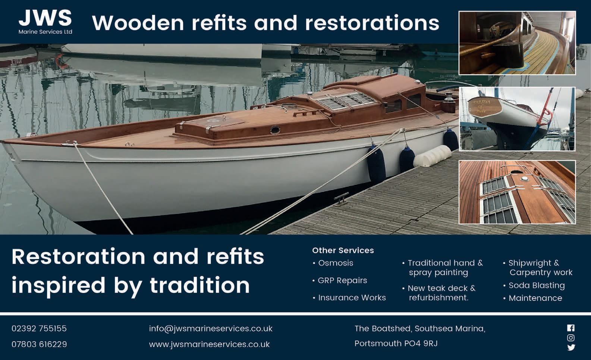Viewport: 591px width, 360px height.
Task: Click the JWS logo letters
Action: tap(45, 18)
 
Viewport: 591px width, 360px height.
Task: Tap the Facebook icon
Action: tap(571, 328)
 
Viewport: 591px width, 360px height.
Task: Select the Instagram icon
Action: tap(571, 338)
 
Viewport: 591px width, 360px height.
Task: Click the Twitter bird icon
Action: tap(571, 347)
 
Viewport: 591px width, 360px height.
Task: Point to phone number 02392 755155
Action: tap(39, 328)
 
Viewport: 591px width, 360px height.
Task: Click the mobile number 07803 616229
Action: tap(39, 344)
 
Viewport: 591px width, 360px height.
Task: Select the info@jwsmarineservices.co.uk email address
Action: tap(211, 329)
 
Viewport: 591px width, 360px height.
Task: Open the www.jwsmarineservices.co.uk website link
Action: tap(209, 344)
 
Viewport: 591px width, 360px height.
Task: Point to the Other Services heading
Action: tap(343, 250)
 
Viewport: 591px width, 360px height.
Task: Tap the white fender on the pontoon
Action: tap(432, 156)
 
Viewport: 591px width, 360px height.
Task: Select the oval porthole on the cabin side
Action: tap(275, 130)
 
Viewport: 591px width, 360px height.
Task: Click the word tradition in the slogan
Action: tap(200, 285)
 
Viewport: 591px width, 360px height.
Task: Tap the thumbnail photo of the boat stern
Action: tap(517, 119)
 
